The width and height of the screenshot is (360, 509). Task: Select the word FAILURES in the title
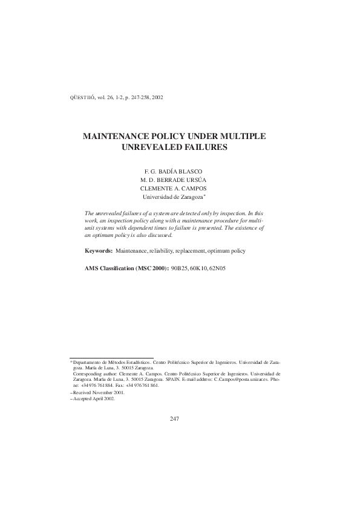[x=207, y=148]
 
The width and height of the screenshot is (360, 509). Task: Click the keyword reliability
[x=159, y=250]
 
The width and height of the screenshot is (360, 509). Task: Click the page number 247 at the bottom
[x=175, y=418]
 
